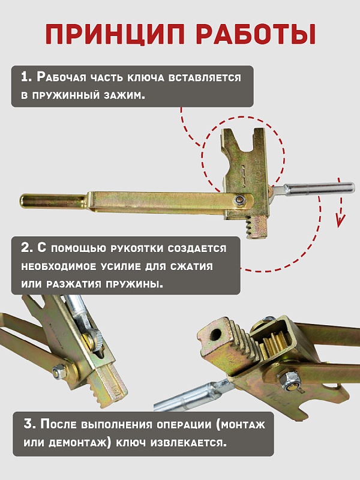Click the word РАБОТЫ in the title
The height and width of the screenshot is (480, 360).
point(253,34)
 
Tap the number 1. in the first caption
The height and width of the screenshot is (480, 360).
point(26,77)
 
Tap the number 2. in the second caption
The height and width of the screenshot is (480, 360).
point(26,248)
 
